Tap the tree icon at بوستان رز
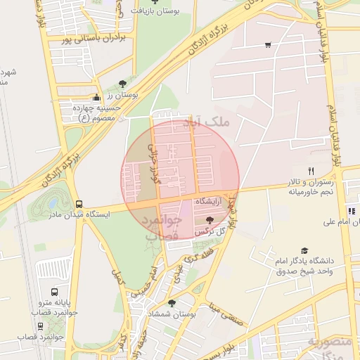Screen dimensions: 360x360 [124, 83]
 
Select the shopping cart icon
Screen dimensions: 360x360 [268, 46]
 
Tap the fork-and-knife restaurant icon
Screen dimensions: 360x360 [311, 171]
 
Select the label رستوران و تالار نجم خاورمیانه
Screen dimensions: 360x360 [310, 186]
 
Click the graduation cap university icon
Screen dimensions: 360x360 [304, 250]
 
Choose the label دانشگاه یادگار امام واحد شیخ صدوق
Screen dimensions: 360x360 [305, 266]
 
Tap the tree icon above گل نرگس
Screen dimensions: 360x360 [210, 220]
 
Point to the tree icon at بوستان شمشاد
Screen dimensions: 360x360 [172, 303]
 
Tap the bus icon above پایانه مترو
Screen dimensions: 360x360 [55, 292]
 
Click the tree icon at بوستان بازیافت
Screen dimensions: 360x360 [155, 2]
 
